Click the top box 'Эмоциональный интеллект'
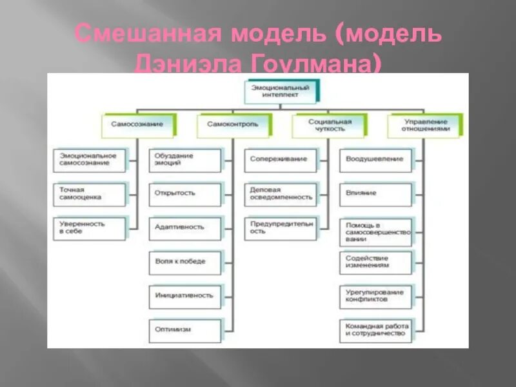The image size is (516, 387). pos(281,91)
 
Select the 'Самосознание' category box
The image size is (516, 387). pos(137,124)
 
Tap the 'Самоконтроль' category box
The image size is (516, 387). pos(233,124)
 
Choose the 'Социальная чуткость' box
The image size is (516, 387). pos(329,124)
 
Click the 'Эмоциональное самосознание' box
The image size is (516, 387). pos(90,160)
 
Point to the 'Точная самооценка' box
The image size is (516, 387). pos(90,193)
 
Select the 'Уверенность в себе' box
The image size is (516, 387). pos(90,227)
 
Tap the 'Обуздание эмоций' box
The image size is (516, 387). pos(185,160)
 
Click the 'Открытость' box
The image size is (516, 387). pos(185,193)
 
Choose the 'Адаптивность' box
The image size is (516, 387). pos(185,227)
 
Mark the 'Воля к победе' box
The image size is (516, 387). pos(185,261)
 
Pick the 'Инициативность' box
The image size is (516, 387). pos(185,295)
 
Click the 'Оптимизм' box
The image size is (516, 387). pos(185,330)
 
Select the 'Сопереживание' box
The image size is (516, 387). pos(281,160)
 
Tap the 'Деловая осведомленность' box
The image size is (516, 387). pos(281,193)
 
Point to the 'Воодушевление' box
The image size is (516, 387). pos(376,160)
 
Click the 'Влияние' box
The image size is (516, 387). pos(376,193)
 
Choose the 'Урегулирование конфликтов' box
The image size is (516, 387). pos(376,296)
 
